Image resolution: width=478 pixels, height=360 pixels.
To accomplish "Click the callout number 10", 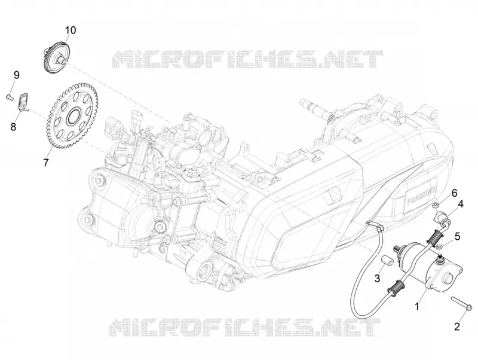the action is [70, 30].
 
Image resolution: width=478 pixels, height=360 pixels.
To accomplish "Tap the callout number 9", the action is [16, 75].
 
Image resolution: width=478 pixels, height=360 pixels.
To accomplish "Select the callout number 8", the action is [13, 126].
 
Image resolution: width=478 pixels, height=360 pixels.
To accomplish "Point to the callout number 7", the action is [46, 162].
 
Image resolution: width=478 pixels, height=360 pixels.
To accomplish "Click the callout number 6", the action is [454, 193].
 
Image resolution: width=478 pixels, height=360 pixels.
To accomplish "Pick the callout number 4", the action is [460, 204].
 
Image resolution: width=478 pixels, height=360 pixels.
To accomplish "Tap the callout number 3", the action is [377, 278].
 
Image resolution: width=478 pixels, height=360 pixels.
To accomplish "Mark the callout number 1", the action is [417, 306].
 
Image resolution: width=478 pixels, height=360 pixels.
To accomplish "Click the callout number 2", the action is [456, 327].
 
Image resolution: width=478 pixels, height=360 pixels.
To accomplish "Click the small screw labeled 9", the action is [9, 97].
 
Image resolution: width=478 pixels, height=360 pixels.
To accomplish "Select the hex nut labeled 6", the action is [436, 205].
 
